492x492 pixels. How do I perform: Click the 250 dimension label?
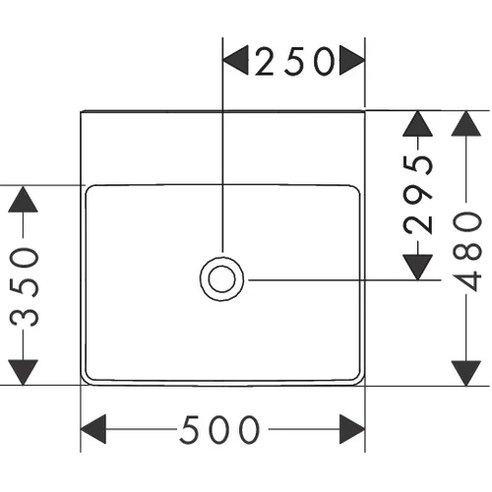[x=295, y=61]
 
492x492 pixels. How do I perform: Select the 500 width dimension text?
[x=219, y=429]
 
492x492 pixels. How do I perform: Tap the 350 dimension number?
[x=25, y=287]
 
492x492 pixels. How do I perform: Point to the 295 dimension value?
[x=418, y=195]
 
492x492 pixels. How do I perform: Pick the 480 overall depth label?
[x=466, y=252]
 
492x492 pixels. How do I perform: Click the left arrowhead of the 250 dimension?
[x=235, y=60]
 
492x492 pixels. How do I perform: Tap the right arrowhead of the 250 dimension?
[x=352, y=60]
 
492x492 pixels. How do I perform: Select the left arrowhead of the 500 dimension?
[x=93, y=429]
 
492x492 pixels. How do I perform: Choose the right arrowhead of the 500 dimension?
[x=352, y=429]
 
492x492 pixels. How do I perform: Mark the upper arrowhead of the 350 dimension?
[x=23, y=199]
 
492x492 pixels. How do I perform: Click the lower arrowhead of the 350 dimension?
[x=23, y=372]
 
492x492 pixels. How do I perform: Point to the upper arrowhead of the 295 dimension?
[x=417, y=124]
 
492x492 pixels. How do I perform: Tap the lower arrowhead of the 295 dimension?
[x=417, y=268]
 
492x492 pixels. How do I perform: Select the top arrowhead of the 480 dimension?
[x=466, y=124]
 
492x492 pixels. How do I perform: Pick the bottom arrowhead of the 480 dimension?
[x=466, y=373]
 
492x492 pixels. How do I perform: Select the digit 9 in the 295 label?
[x=418, y=196]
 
